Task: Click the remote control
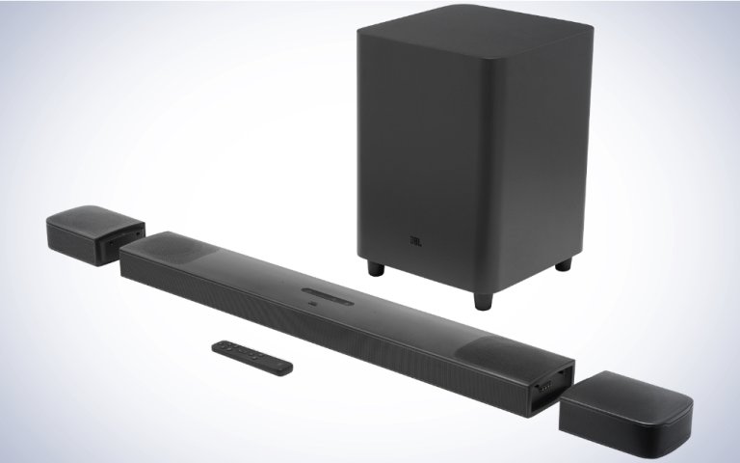point(253,354)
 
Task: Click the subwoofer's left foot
point(374,266)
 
